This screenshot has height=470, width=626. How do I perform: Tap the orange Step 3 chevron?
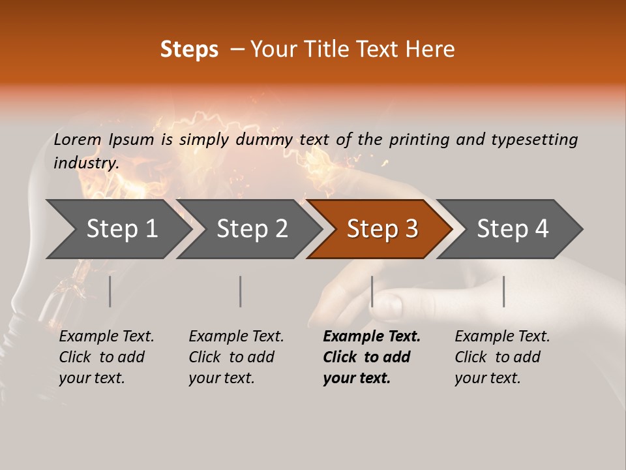[381, 229]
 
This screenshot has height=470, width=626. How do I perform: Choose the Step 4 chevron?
[512, 229]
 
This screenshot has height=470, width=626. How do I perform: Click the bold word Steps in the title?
[189, 50]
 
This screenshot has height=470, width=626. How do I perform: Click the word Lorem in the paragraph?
[77, 139]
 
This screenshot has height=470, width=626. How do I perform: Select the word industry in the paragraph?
[85, 163]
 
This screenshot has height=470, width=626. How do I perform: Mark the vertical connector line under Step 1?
[110, 291]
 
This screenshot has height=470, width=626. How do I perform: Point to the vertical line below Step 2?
[241, 291]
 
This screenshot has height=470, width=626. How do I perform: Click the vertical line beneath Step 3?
[372, 291]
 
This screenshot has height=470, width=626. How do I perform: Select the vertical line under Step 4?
[503, 291]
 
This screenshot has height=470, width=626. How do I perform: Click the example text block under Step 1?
[106, 357]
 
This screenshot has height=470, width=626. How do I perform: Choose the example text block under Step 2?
[236, 357]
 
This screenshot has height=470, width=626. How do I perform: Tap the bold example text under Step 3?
[372, 357]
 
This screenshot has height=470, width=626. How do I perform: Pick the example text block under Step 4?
[502, 357]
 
